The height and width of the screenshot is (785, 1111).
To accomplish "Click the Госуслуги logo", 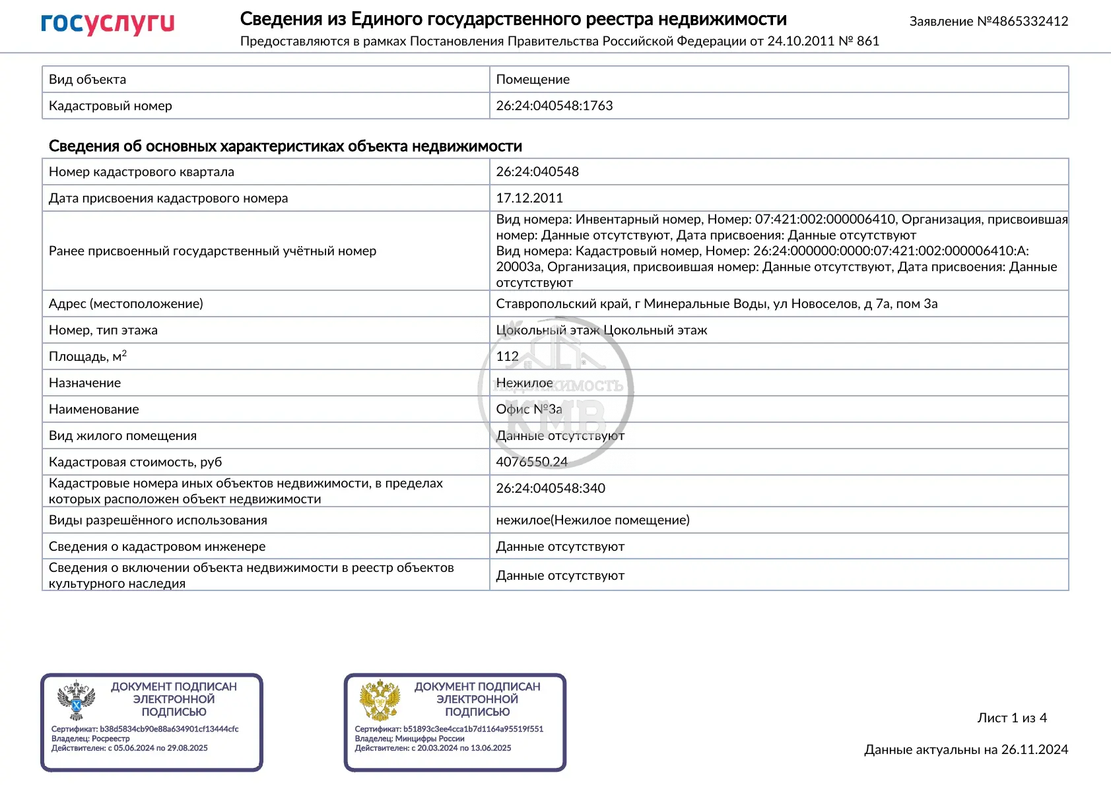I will pos(108,24).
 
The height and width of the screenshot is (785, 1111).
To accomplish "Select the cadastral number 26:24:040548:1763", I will pos(554,106).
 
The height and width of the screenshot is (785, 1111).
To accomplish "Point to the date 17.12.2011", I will pos(529,198).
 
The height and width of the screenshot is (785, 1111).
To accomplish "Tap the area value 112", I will pos(507,356).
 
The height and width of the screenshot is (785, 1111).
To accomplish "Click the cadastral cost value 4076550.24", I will pos(531,462).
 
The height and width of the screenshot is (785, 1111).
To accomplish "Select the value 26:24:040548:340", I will pos(551,488).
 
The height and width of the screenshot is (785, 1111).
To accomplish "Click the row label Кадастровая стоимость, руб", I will pos(135,462).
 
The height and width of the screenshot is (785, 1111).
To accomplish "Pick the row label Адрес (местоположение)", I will pos(126,303).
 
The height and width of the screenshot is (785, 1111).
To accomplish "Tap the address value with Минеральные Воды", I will pos(716,303).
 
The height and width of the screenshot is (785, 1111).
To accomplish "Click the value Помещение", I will pos(533,79).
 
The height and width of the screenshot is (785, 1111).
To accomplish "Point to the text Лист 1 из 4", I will pos(1012,718).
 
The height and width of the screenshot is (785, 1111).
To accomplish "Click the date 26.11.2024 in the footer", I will pos(1034,749).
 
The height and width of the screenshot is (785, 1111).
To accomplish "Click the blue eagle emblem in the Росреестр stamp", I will pos(77,700).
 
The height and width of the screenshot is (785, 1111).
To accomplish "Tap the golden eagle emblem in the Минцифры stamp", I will pos(380,700).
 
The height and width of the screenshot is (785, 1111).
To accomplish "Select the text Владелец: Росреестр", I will pos(90,739).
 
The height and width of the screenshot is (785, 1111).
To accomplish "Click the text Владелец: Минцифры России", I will pos(409,739).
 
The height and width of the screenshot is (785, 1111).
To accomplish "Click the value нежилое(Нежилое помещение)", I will pos(593,520).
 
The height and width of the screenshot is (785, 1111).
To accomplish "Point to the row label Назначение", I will pos(84,383).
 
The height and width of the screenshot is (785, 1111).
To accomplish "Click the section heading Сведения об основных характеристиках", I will pos(285,146).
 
